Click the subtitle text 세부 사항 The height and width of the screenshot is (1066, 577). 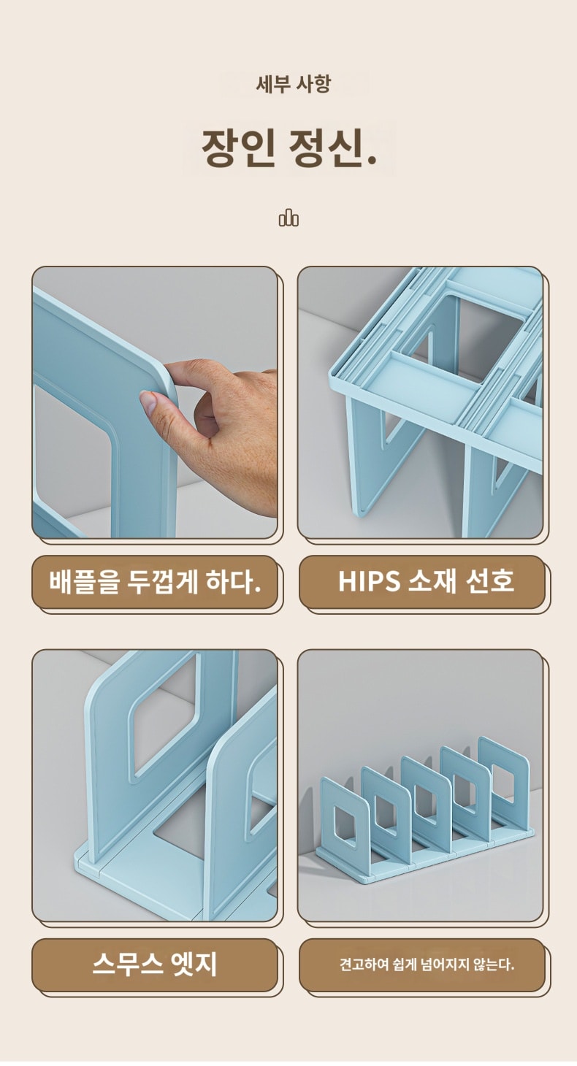click(294, 84)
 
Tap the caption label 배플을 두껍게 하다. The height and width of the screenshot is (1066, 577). click(155, 581)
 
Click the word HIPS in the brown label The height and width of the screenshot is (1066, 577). click(369, 581)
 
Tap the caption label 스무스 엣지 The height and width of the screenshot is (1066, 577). click(155, 965)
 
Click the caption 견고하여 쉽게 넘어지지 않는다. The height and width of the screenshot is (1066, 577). click(427, 965)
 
